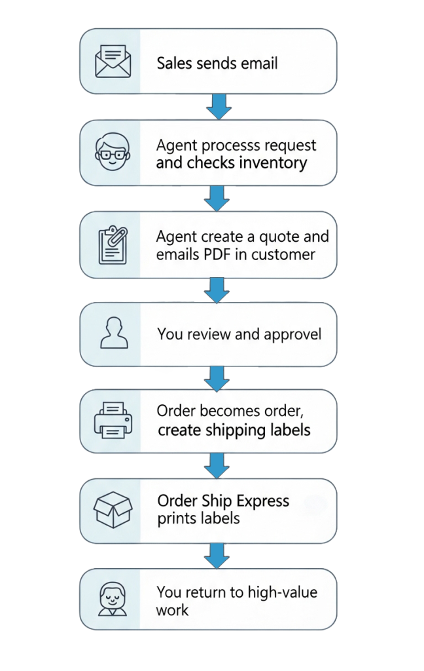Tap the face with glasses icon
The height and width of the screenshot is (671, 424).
[109, 152]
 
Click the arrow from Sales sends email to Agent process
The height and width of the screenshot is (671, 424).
[216, 106]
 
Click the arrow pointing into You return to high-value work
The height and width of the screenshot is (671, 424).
[216, 555]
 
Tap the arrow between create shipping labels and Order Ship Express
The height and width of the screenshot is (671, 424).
[216, 466]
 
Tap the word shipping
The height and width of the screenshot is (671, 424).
[238, 431]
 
